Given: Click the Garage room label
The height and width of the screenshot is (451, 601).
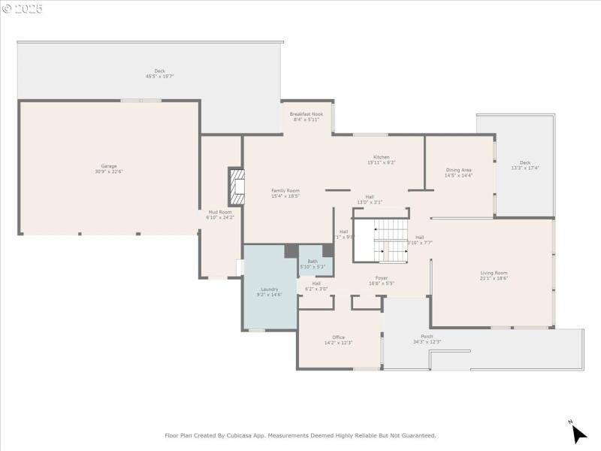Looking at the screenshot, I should [109, 166].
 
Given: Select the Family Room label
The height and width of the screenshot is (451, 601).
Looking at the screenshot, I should [285, 191].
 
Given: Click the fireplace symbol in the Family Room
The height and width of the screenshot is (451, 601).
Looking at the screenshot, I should [237, 186].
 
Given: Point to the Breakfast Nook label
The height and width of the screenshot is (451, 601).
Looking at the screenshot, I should [306, 114].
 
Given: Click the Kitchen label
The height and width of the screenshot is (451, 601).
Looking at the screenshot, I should [382, 157].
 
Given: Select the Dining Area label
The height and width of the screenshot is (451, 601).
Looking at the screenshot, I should [458, 170].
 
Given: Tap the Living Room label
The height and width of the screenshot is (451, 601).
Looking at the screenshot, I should [494, 273].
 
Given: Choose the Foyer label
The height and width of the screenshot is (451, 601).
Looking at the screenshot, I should [382, 278].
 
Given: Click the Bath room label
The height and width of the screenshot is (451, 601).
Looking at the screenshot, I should [313, 262].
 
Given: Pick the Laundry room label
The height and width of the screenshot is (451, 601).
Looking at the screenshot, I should [270, 289].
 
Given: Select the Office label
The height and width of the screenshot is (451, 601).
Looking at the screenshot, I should [338, 337].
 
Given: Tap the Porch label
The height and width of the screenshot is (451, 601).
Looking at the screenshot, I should [427, 336].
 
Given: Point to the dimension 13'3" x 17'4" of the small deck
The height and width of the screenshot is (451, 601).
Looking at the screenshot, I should [524, 168].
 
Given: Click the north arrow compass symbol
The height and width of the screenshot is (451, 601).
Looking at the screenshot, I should [578, 433].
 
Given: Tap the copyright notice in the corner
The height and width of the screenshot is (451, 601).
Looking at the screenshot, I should [23, 8].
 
